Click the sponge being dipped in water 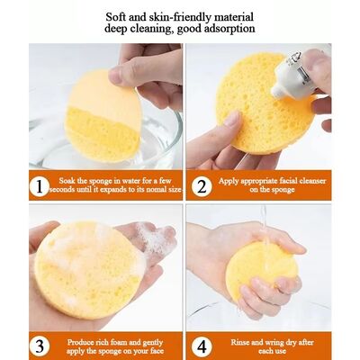102,117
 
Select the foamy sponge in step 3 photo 87,268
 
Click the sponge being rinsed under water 261,270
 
